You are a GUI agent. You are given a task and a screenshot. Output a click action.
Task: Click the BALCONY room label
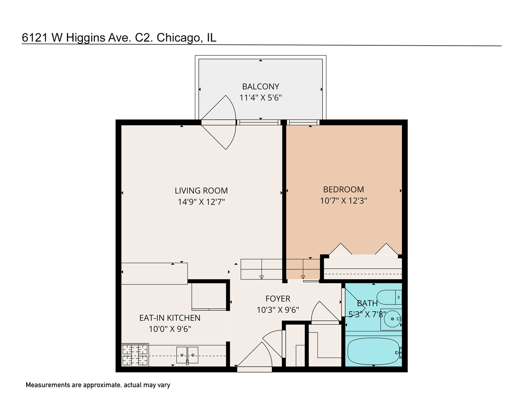pyautogui.click(x=261, y=87)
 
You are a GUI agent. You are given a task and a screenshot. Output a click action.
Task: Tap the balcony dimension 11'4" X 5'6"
pyautogui.click(x=261, y=98)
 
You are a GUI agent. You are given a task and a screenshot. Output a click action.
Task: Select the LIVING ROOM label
pyautogui.click(x=201, y=191)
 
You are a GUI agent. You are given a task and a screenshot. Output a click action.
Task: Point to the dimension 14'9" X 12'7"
pyautogui.click(x=201, y=202)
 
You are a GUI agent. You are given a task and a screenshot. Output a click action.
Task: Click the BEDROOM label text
pyautogui.click(x=343, y=190)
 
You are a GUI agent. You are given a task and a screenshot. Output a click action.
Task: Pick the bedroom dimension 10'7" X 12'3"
pyautogui.click(x=343, y=200)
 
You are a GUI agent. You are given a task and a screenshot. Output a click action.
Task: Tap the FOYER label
pyautogui.click(x=278, y=299)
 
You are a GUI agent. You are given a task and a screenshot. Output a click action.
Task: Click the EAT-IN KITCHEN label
pyautogui.click(x=170, y=318)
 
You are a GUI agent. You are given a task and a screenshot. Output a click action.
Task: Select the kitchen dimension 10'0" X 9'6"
pyautogui.click(x=170, y=329)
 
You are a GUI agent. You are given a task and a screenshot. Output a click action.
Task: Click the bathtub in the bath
pyautogui.click(x=373, y=351)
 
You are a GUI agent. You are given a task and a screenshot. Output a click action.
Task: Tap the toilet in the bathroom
pyautogui.click(x=390, y=297)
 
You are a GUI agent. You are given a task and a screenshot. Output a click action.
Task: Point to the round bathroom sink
pyautogui.click(x=392, y=319)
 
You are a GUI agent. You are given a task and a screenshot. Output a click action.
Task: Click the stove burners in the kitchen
pyautogui.click(x=135, y=355)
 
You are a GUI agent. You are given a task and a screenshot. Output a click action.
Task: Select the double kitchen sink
pyautogui.click(x=187, y=355)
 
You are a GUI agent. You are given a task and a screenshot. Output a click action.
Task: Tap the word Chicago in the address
pyautogui.click(x=178, y=38)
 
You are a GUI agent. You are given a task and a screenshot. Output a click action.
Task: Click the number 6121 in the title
pyautogui.click(x=35, y=38)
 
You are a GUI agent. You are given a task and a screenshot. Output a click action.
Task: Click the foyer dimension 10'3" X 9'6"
pyautogui.click(x=278, y=310)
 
